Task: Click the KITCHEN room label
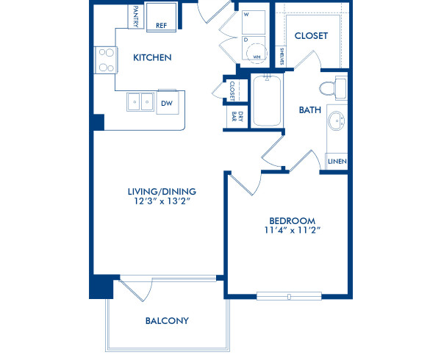152,57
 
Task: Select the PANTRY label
136,16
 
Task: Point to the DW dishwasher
167,104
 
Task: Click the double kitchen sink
140,102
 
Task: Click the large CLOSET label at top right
311,36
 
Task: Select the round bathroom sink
337,121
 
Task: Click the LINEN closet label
337,162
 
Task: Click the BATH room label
309,110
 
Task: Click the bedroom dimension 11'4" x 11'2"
292,230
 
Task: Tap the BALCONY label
167,320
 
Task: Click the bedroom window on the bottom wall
290,296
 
